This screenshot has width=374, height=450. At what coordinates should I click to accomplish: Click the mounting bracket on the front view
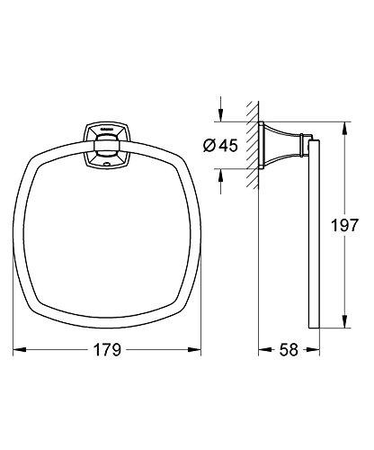tap(104, 144)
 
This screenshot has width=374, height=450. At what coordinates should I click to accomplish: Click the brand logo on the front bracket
tap(104, 131)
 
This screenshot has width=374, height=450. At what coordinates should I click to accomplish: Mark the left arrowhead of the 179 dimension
tap(23, 353)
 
